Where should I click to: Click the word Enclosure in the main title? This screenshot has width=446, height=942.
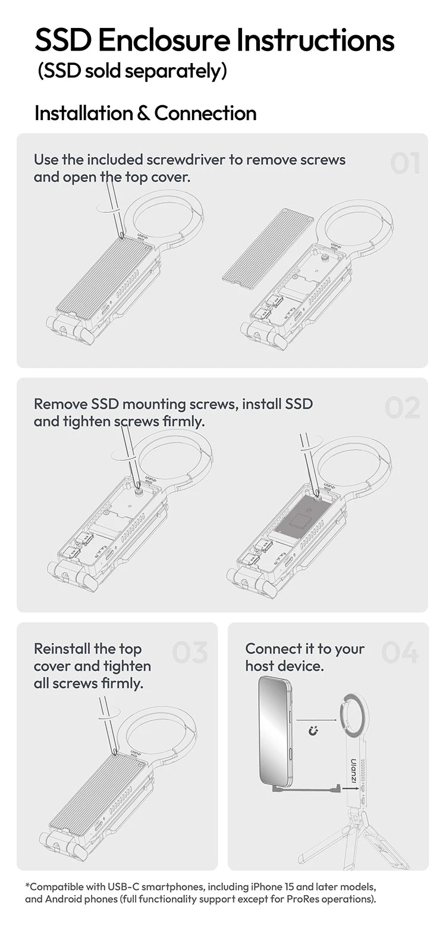point(164,40)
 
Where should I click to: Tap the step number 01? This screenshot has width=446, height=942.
point(405,164)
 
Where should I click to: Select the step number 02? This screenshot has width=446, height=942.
point(402,407)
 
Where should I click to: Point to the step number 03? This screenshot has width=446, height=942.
point(190,652)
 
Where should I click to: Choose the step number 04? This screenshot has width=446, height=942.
point(400,652)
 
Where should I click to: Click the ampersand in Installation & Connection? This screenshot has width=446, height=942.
point(143,113)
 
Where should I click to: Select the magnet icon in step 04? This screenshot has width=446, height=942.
point(313,730)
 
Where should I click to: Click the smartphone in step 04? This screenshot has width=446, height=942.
point(275,731)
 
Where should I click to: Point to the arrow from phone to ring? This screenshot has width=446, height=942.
point(316,720)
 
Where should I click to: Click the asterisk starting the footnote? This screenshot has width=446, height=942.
point(27,886)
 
